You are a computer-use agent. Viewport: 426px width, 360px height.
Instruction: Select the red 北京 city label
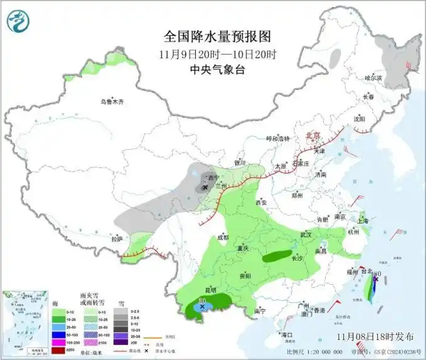point(312,135)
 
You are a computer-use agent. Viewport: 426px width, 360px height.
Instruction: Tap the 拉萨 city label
point(117,239)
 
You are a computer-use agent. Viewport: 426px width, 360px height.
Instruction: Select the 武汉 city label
point(306,234)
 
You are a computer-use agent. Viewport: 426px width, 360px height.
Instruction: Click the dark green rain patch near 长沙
point(276,256)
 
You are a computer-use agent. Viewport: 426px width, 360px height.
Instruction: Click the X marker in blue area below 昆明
point(202,307)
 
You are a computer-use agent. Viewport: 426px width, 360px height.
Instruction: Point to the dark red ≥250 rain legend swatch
point(57,349)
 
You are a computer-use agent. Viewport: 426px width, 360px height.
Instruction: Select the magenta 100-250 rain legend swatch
point(57,342)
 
